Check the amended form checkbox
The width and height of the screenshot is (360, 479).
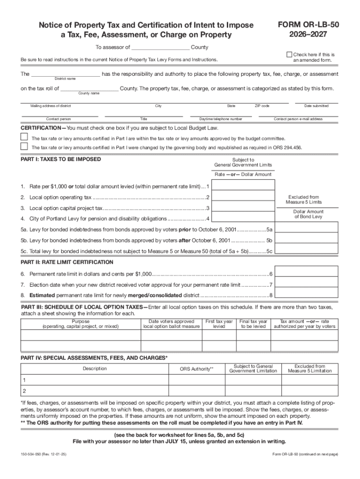[289, 55]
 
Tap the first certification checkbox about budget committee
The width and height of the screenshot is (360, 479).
[24, 137]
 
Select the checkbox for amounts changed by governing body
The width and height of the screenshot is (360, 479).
[24, 146]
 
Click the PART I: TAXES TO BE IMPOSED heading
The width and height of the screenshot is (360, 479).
[61, 159]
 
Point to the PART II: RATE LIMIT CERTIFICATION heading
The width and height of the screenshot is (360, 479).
[67, 262]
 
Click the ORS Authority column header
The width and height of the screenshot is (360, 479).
[196, 369]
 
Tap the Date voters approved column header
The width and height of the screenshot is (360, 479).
[171, 324]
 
